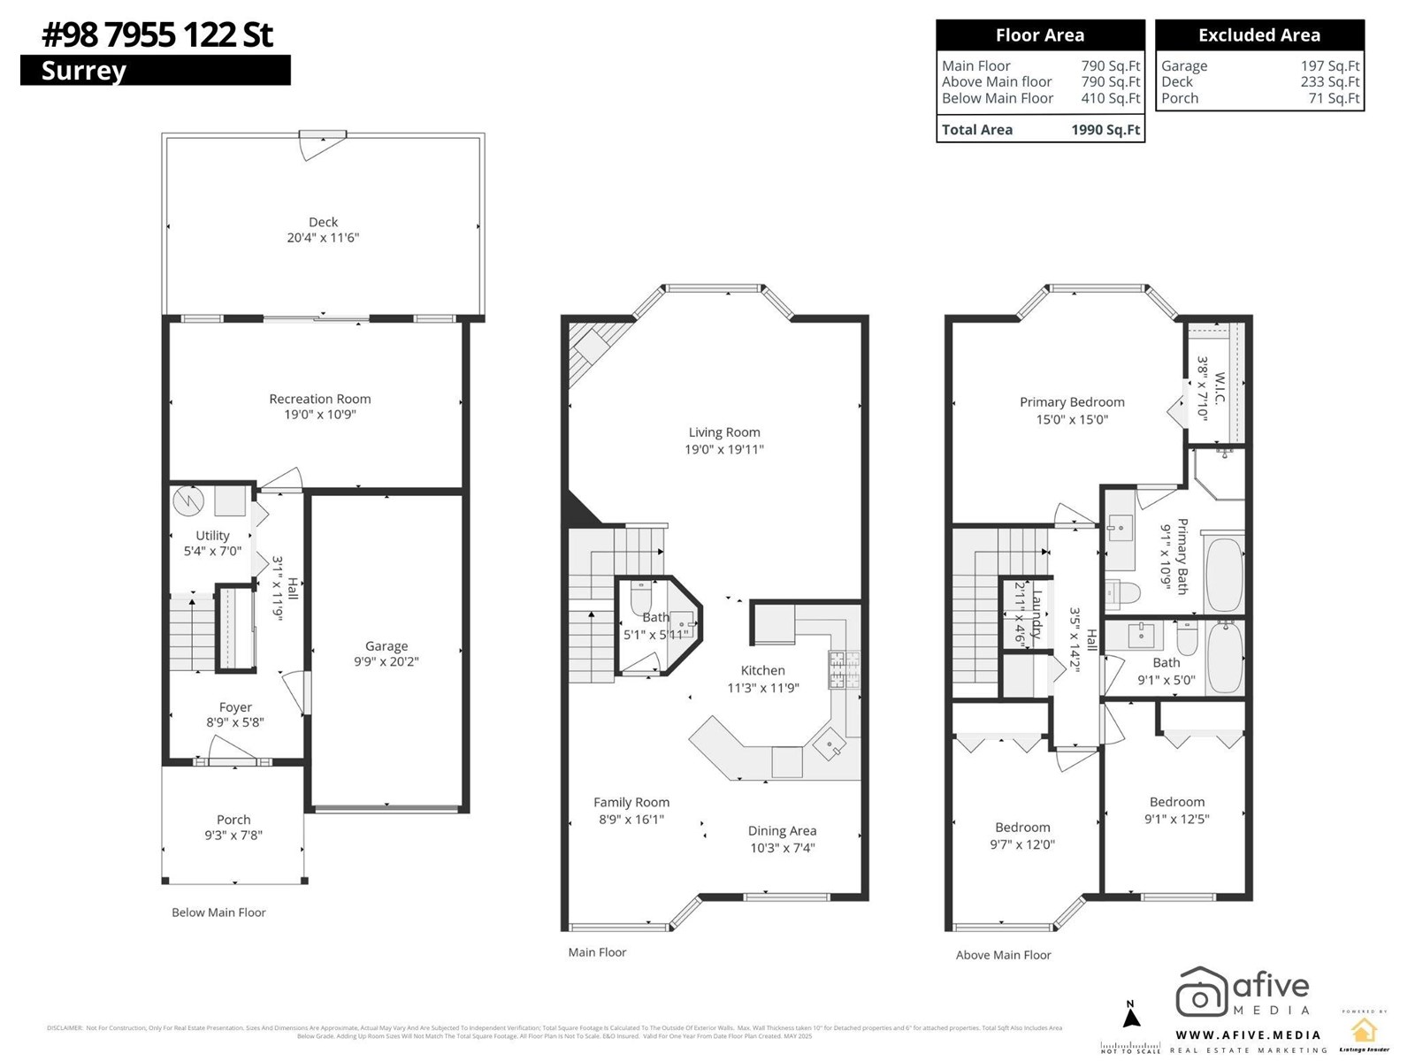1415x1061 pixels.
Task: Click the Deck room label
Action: (323, 222)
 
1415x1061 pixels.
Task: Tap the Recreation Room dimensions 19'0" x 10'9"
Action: (319, 415)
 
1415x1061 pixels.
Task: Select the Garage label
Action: (386, 646)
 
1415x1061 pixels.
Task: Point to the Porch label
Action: (233, 820)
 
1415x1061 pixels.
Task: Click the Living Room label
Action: (724, 432)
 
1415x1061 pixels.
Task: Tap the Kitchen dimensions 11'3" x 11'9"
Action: (762, 688)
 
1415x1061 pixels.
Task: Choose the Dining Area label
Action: (782, 830)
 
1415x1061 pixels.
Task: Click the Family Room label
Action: (631, 802)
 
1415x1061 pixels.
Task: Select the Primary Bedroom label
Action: (1072, 401)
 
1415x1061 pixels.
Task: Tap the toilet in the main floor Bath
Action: (641, 599)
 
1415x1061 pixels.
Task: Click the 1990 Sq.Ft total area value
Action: (1105, 130)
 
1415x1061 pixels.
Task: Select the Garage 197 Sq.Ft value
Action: (1329, 65)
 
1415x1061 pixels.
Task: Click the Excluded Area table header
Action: (1258, 35)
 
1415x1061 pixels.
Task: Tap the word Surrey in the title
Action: (84, 71)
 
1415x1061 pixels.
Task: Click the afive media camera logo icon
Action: (1200, 993)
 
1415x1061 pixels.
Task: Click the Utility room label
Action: (212, 535)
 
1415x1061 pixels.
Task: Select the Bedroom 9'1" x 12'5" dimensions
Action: (1176, 819)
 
